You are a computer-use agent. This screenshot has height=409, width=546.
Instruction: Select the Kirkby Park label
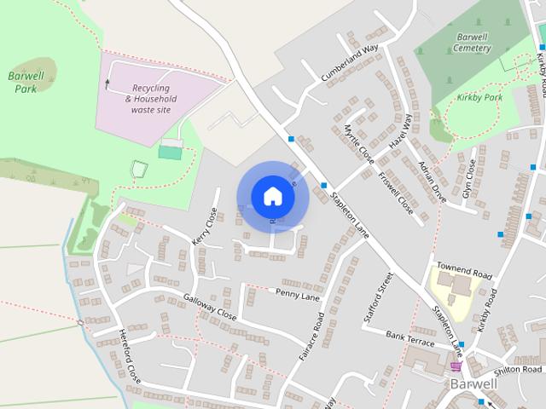pos(480,99)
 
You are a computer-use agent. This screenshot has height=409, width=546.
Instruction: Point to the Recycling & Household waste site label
pos(152,99)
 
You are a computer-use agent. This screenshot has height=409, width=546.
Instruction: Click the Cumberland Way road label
pos(349,63)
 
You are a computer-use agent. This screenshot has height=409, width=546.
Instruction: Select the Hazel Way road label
pos(400,133)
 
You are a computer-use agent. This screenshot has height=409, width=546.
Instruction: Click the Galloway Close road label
pos(209,307)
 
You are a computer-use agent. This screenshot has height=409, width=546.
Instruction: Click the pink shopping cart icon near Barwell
pos(456,366)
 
